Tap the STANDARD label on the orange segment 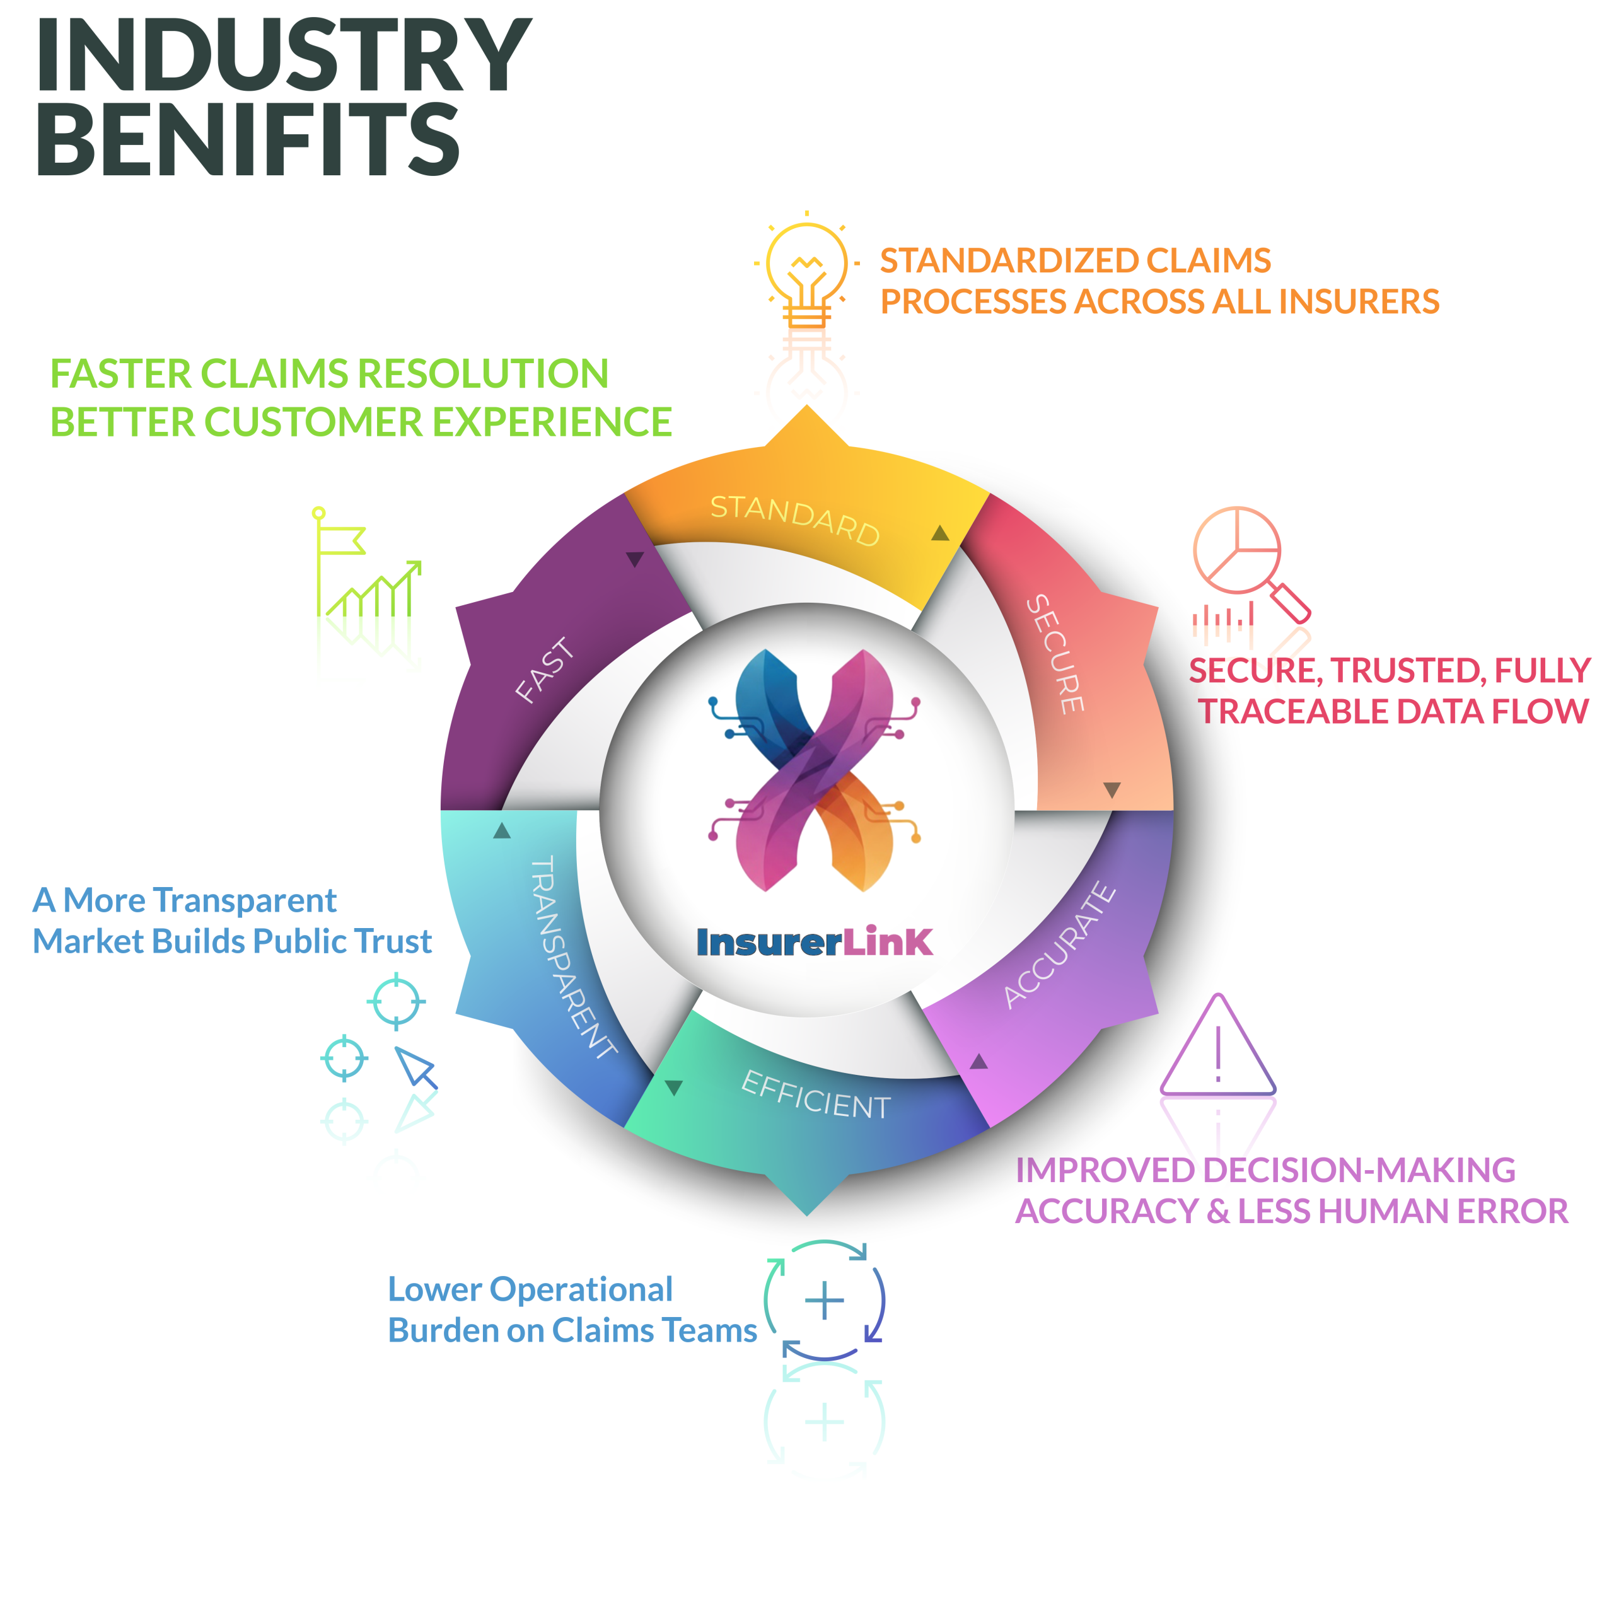pyautogui.click(x=794, y=520)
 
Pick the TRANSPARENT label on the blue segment pyautogui.click(x=573, y=956)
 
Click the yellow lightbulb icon pyautogui.click(x=806, y=272)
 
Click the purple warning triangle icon pyautogui.click(x=1218, y=1048)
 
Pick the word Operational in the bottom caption pyautogui.click(x=581, y=1290)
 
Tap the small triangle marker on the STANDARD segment pyautogui.click(x=940, y=533)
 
